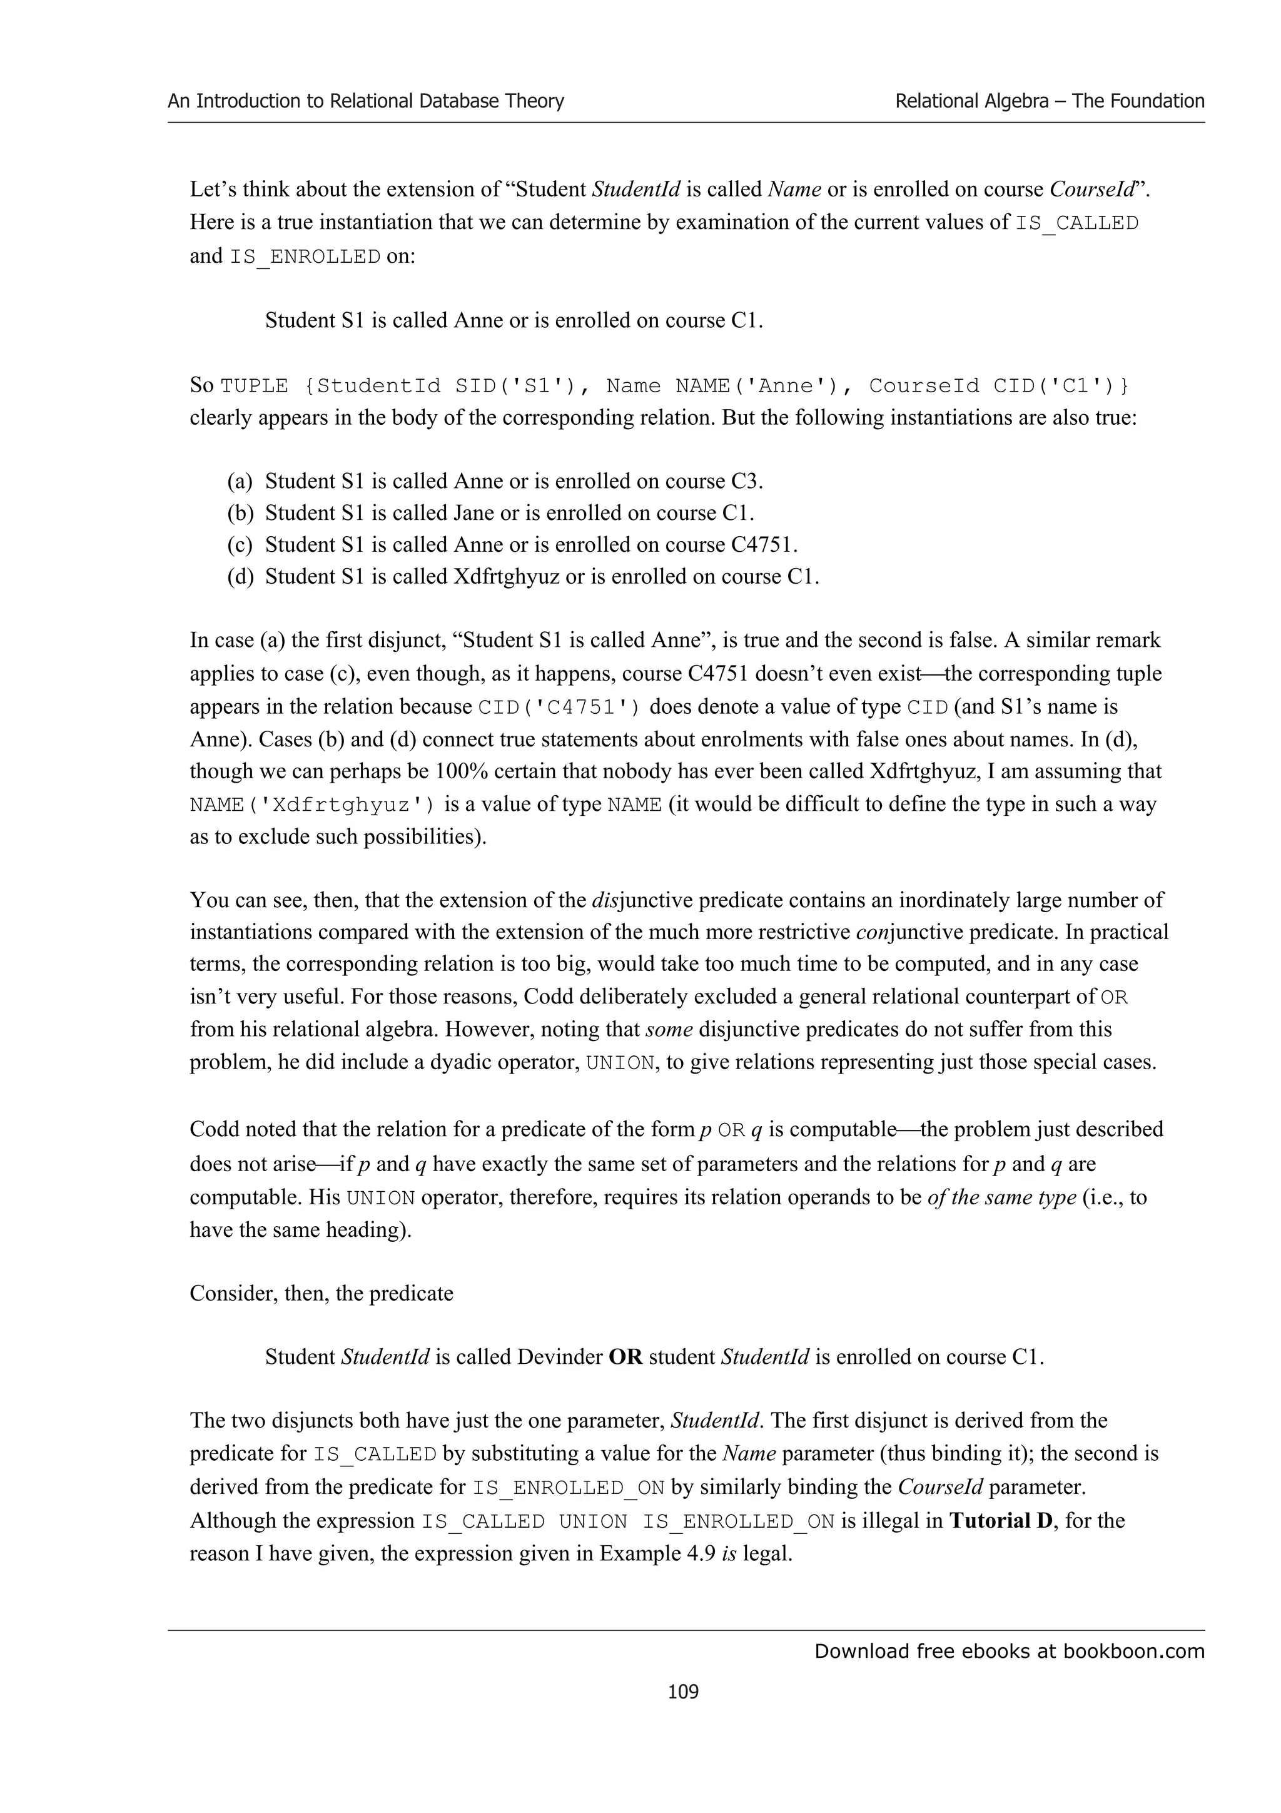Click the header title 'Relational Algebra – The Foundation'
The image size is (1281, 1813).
point(1049,101)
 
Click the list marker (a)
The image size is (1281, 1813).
point(240,482)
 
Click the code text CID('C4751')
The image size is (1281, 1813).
point(560,707)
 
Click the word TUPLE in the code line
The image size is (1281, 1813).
point(254,386)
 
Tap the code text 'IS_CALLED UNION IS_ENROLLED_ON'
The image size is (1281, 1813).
point(627,1521)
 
